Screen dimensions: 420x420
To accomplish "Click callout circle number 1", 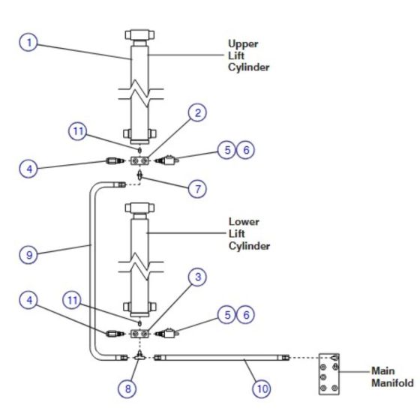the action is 28,42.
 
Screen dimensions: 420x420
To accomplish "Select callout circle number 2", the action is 197,112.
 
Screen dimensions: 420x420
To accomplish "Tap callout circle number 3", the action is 197,277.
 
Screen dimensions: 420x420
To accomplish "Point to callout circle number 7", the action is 197,188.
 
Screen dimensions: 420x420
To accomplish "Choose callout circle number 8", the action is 127,388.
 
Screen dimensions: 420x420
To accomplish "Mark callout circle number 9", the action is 28,254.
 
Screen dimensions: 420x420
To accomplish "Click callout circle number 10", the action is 262,388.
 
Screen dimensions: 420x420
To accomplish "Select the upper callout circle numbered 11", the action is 78,131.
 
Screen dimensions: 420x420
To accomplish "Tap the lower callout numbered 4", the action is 28,300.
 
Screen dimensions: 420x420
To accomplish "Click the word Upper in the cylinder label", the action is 243,43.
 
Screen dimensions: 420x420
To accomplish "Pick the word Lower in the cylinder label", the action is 244,221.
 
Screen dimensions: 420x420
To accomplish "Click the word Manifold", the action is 392,382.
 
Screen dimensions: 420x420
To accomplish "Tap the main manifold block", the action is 329,374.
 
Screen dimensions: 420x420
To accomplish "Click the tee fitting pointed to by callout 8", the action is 139,355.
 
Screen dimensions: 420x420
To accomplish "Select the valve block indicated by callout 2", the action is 139,160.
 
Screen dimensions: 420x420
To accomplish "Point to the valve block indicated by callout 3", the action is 139,334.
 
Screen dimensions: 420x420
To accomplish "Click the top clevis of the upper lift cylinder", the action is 139,34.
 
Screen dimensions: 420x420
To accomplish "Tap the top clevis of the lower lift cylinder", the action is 139,208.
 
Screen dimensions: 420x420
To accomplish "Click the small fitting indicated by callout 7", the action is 139,175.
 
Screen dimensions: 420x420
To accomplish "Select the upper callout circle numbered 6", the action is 246,150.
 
